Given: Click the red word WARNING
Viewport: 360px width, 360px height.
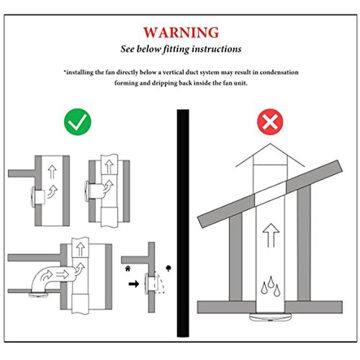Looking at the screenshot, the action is [181, 32].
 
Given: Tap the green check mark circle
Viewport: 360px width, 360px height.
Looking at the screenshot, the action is [78, 122].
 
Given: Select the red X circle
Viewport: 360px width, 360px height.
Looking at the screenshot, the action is [270, 122].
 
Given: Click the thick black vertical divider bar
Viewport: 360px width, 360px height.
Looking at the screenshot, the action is [183, 223].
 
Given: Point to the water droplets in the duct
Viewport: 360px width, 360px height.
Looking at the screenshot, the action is [271, 286].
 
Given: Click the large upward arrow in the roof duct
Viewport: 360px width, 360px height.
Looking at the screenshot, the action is [271, 235].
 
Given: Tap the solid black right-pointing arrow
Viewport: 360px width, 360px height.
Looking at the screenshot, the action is [134, 284].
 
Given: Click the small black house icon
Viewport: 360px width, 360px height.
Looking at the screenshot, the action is [127, 269].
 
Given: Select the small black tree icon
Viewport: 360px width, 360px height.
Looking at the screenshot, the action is [168, 268].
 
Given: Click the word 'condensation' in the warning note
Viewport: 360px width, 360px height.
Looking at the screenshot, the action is [279, 72].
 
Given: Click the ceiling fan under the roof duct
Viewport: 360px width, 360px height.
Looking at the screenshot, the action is [270, 317].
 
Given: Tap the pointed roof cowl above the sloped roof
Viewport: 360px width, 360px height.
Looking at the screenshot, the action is [270, 156].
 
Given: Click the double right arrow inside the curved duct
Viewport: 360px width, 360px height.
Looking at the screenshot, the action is [62, 274].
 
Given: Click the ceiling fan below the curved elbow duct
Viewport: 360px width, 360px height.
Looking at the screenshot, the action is [38, 294].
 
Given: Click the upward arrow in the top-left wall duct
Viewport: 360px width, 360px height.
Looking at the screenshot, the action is [52, 171].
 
